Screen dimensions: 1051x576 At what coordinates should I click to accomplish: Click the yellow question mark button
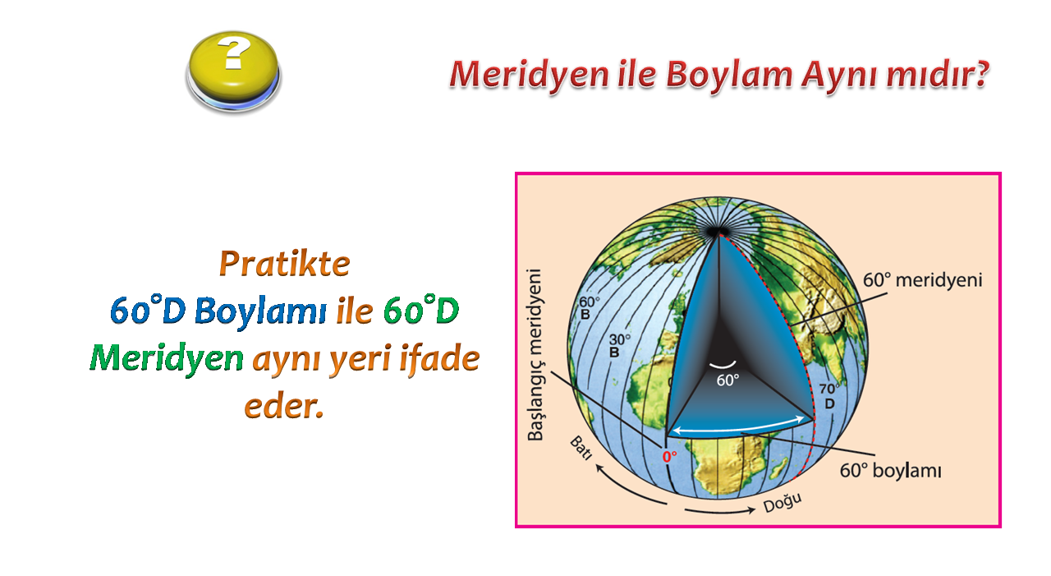[234, 71]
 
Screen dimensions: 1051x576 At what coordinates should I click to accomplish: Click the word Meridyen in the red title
[529, 75]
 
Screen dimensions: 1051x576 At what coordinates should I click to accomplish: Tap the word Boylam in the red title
[730, 75]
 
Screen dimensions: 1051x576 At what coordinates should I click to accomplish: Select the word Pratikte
[285, 264]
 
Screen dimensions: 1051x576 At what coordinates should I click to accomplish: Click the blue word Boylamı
[260, 311]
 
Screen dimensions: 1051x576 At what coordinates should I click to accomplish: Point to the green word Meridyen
[167, 358]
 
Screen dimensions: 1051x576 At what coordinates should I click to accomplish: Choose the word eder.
[284, 406]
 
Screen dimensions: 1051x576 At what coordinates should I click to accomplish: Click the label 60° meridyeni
[922, 280]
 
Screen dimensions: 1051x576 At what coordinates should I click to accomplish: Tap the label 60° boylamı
[890, 470]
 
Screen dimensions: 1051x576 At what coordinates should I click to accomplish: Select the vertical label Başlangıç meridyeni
[535, 355]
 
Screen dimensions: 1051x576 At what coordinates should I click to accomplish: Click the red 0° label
[669, 456]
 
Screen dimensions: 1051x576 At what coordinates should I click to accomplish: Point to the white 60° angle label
[727, 380]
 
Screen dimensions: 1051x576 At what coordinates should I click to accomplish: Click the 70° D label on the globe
[829, 396]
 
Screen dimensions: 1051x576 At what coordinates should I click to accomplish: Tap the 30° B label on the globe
[619, 345]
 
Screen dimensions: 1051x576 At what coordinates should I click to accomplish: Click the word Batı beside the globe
[581, 448]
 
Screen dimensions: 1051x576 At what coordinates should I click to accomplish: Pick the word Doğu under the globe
[783, 503]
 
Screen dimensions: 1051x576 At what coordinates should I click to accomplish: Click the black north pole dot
[717, 232]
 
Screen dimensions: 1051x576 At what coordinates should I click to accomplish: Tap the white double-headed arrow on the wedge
[738, 425]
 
